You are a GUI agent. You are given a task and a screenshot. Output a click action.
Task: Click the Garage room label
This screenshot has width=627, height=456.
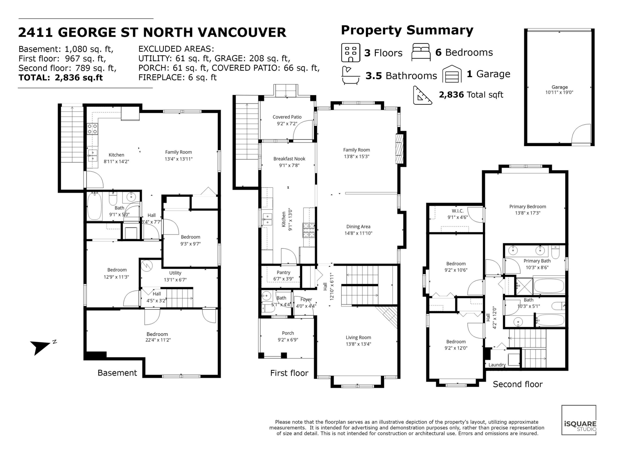coord(559,87)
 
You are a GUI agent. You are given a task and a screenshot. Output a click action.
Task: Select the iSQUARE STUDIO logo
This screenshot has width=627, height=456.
coord(579,420)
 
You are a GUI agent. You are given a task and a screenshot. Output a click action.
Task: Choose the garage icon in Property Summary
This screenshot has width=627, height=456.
coord(452,74)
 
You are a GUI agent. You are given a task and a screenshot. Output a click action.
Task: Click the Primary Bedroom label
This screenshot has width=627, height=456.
coord(528,207)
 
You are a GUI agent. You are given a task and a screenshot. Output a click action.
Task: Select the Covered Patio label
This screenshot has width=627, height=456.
coord(287,117)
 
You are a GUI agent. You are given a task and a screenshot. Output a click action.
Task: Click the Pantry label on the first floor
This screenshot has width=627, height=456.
coord(283,273)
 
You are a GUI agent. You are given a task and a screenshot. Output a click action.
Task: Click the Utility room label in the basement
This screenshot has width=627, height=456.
coord(175,273)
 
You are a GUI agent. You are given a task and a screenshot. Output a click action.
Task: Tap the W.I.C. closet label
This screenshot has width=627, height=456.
coord(458,211)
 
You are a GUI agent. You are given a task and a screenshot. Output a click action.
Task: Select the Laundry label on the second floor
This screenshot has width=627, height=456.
coord(497,365)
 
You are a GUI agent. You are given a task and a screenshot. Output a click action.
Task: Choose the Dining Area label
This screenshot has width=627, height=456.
coord(358,227)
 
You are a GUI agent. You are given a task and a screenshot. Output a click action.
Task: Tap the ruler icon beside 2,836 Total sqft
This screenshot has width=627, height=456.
coord(422,95)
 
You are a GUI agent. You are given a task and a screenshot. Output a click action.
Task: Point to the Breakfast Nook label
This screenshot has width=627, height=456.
coord(289,159)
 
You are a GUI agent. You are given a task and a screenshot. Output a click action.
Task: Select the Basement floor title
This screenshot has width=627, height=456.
coord(117,373)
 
